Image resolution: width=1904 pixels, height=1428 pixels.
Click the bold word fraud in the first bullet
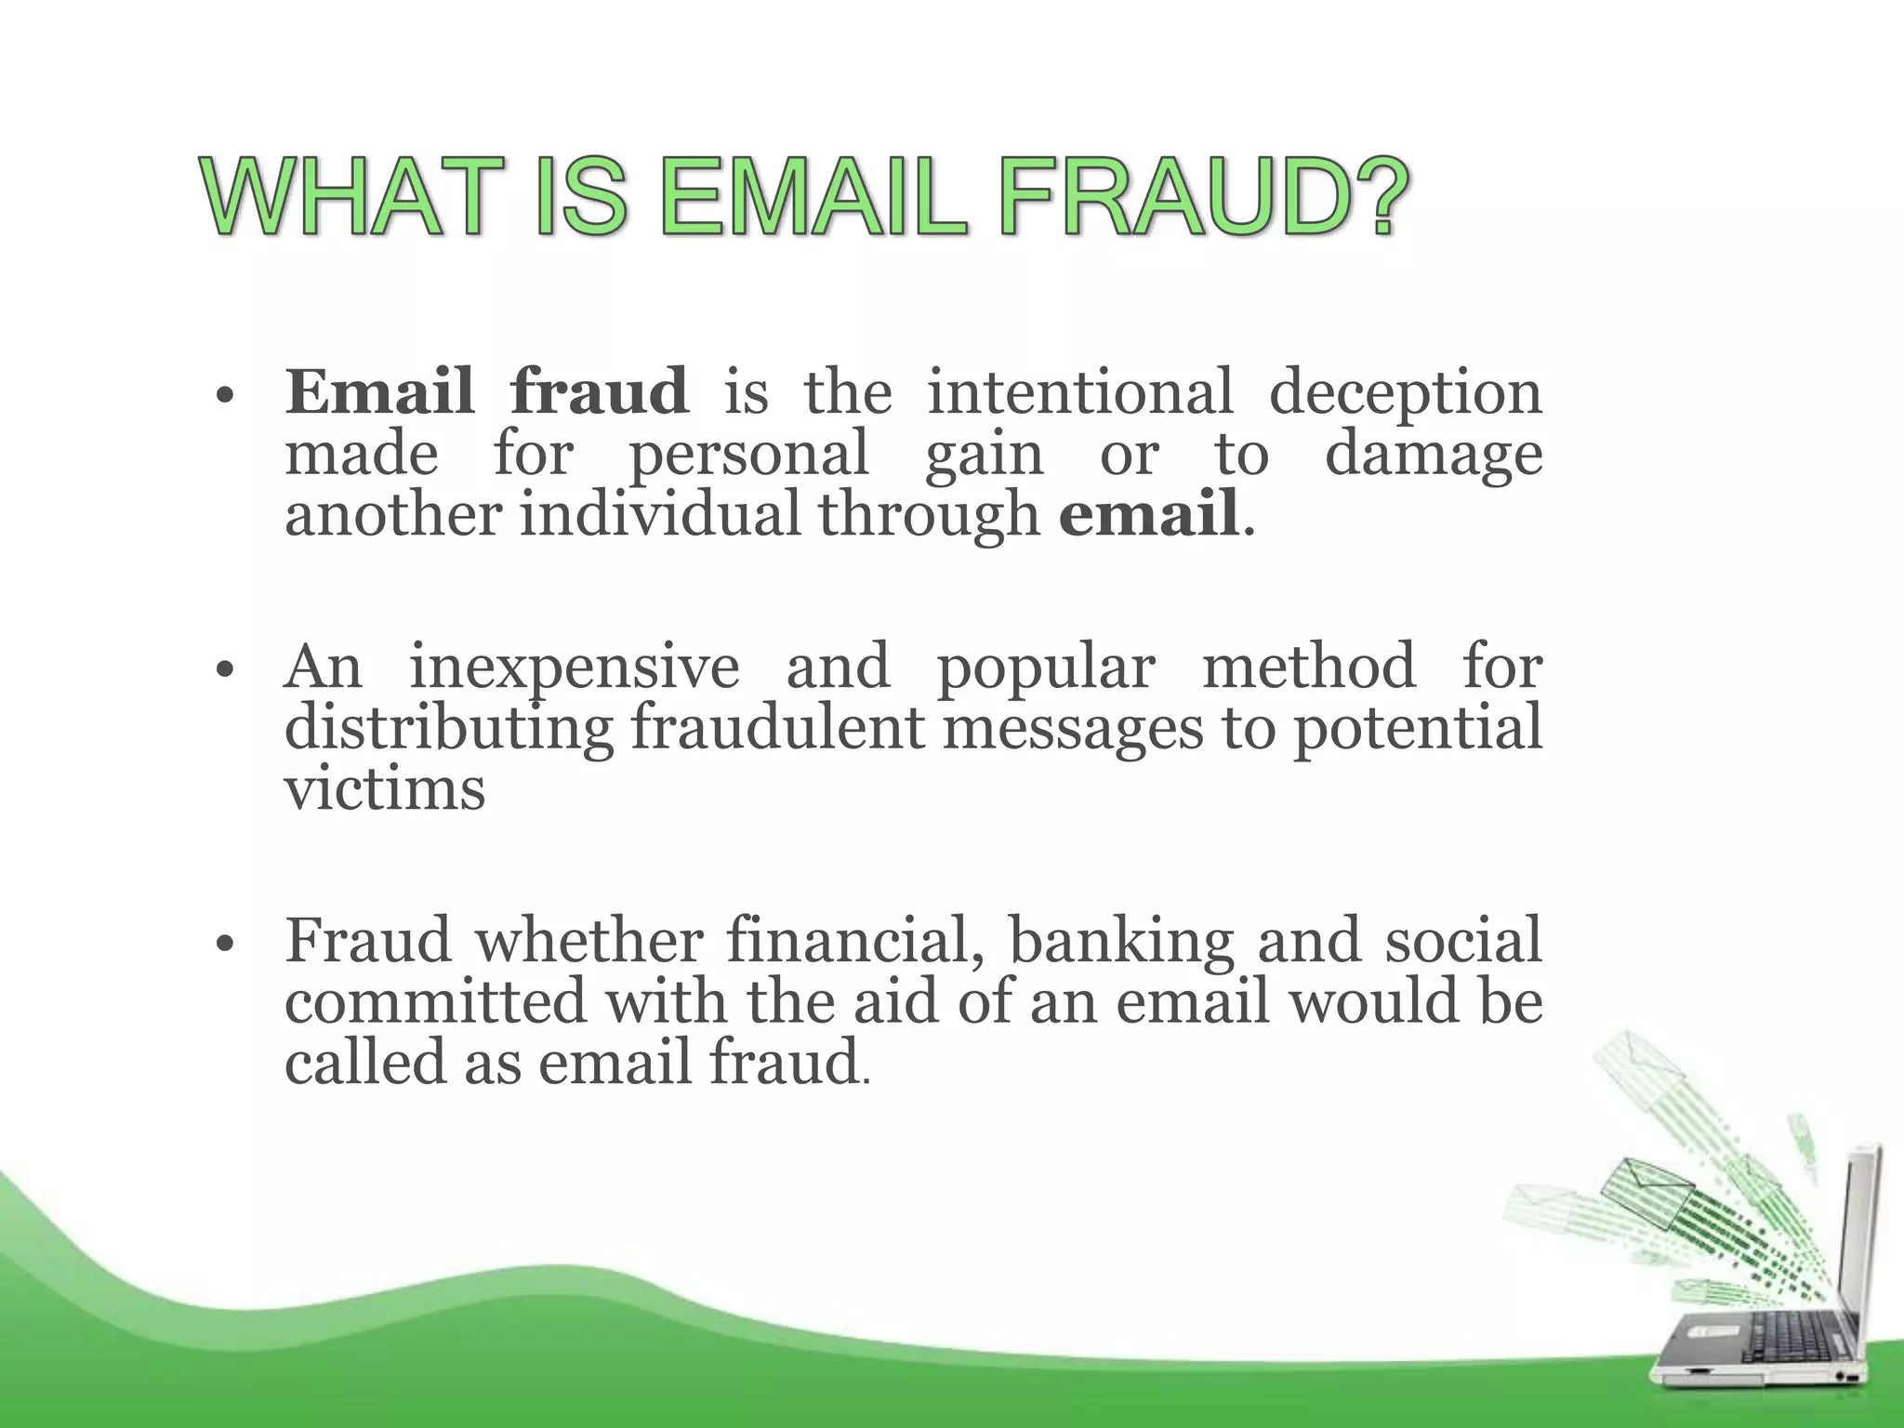(600, 392)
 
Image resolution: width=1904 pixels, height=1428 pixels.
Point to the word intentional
(1080, 392)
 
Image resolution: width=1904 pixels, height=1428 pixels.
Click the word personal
(749, 456)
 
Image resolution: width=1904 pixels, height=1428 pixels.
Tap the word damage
(1433, 456)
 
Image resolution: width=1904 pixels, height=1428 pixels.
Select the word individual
(659, 514)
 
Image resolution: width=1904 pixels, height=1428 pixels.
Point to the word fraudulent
(777, 728)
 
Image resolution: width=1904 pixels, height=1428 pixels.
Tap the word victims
(385, 789)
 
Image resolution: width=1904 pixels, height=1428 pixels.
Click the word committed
(435, 1001)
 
